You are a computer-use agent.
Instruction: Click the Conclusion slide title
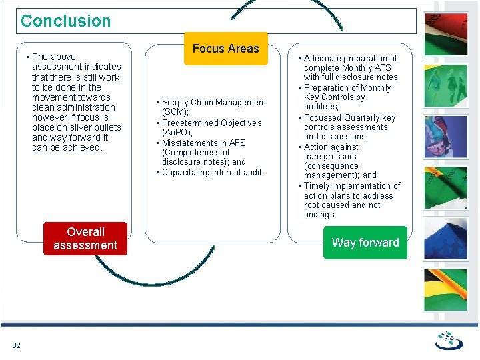[65, 21]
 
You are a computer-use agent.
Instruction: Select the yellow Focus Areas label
[225, 49]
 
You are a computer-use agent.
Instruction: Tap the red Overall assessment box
[85, 239]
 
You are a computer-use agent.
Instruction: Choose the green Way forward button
[365, 243]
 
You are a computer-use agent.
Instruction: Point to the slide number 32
[16, 345]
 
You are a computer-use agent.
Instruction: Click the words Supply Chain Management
[214, 103]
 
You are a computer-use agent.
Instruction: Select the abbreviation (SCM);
[176, 112]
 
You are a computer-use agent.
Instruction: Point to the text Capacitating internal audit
[213, 173]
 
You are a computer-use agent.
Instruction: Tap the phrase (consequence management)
[331, 171]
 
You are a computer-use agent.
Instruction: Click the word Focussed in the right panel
[323, 118]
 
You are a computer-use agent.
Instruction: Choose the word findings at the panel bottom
[320, 215]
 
